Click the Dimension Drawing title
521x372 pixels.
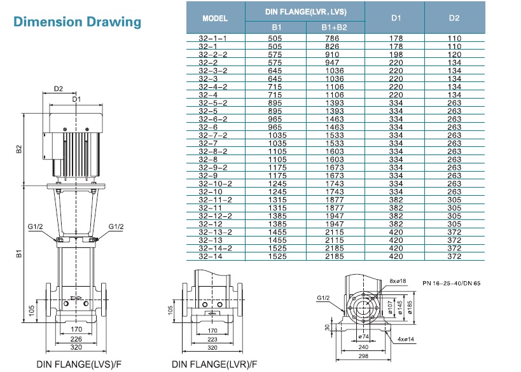(77, 22)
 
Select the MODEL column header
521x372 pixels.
(215, 18)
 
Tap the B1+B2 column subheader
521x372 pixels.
(333, 28)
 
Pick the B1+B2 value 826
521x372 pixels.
(333, 46)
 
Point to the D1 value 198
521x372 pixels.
(396, 53)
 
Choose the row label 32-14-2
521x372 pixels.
(211, 249)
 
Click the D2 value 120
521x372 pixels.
(454, 53)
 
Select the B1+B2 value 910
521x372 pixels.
(333, 53)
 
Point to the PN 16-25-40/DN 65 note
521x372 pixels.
(452, 282)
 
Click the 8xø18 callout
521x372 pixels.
(398, 280)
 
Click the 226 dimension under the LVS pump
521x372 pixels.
(77, 339)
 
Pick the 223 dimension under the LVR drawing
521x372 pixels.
(212, 339)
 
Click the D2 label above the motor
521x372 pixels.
(59, 88)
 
